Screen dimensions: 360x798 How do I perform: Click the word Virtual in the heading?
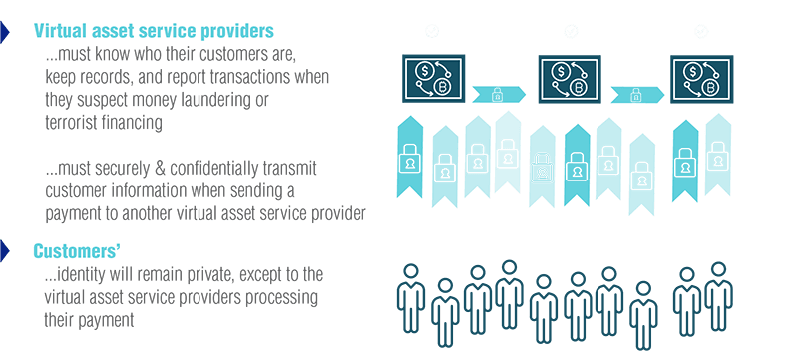pyautogui.click(x=63, y=32)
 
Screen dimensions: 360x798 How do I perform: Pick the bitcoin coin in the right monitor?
pyautogui.click(x=711, y=88)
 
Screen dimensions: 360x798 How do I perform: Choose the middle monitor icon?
pyautogui.click(x=570, y=79)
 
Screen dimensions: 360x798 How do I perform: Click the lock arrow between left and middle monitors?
pyautogui.click(x=497, y=95)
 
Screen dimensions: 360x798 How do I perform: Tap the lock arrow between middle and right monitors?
pyautogui.click(x=634, y=95)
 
